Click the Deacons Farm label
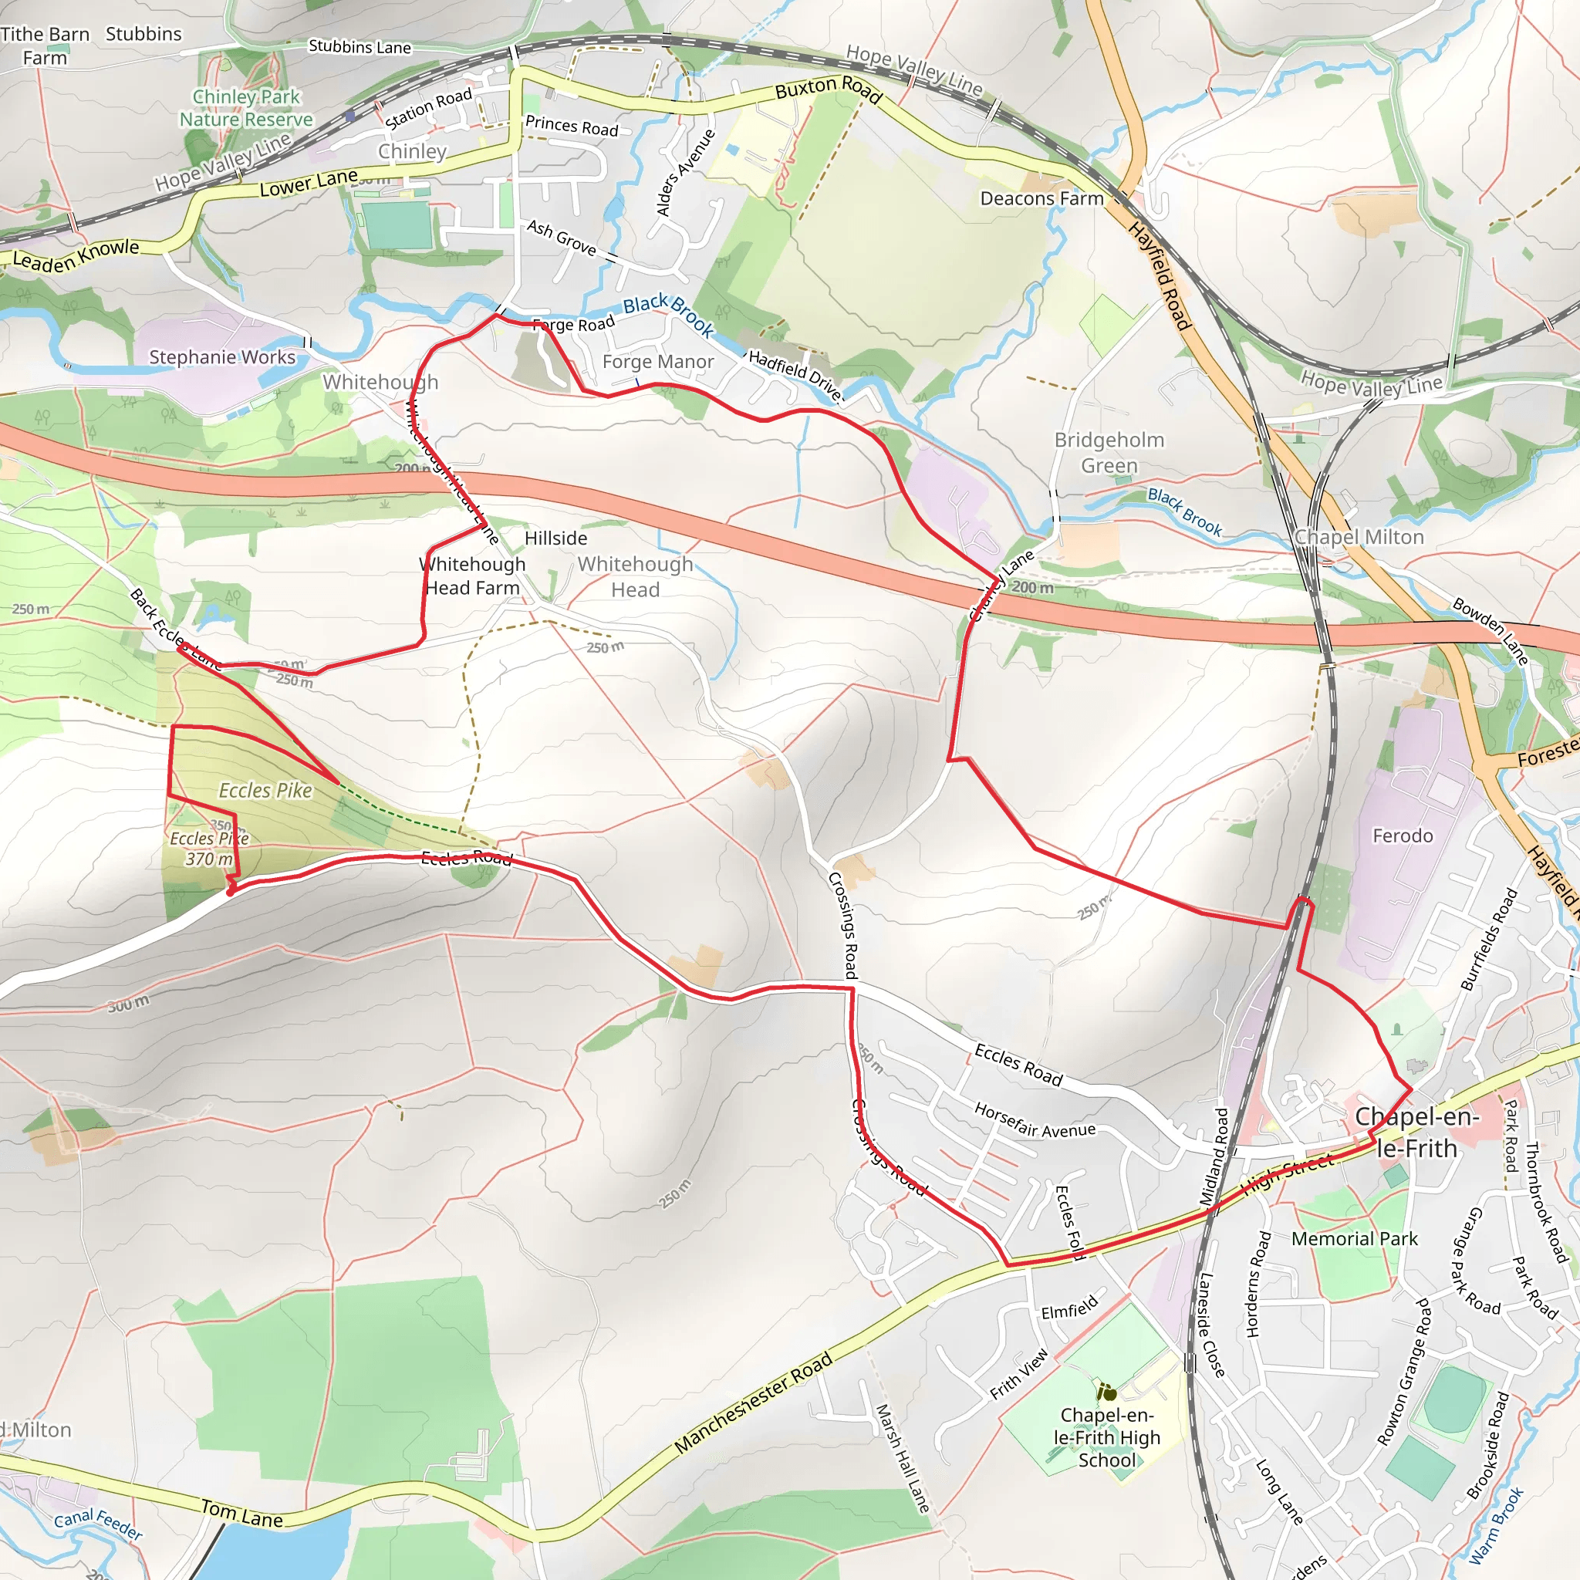point(1042,199)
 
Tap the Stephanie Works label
point(221,357)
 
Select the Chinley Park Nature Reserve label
point(246,108)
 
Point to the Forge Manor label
point(657,362)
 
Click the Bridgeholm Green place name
point(1109,452)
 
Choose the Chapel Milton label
point(1359,537)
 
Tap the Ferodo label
point(1403,836)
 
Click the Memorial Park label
point(1354,1239)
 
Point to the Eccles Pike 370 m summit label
point(209,849)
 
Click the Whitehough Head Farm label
point(472,576)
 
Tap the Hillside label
point(556,538)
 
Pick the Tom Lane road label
point(242,1514)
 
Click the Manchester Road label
point(753,1403)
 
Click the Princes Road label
point(572,126)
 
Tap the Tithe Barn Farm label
point(45,46)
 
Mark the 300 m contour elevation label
point(128,1004)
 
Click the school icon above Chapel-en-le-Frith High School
point(1107,1392)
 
